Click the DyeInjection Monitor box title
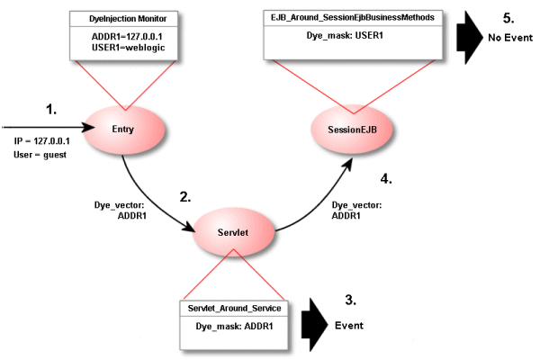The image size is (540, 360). pos(121,17)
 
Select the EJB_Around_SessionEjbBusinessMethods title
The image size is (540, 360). pos(352,17)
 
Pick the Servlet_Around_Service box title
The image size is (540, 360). pos(235,309)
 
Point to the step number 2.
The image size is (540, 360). pos(185,197)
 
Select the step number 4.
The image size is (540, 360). pos(386,179)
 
